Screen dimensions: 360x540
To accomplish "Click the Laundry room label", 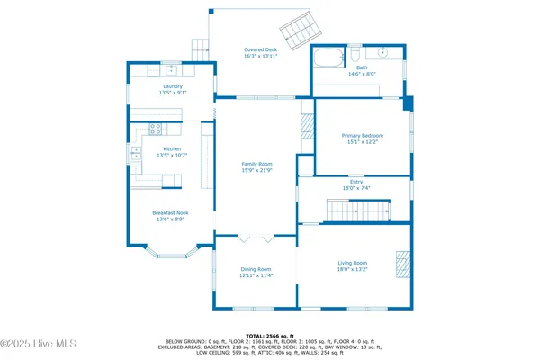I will tap(173, 88).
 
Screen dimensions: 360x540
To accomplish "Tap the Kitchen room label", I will tap(173, 152).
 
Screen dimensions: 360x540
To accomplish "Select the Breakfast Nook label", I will tap(170, 216).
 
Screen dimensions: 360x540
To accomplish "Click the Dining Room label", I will tap(256, 272).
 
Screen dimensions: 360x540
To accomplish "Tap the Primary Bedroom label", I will tap(362, 139).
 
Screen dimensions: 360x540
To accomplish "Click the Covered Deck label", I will tap(260, 53).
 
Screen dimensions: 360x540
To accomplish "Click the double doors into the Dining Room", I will tap(256, 239).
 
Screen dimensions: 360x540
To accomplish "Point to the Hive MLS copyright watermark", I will tap(39, 343).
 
